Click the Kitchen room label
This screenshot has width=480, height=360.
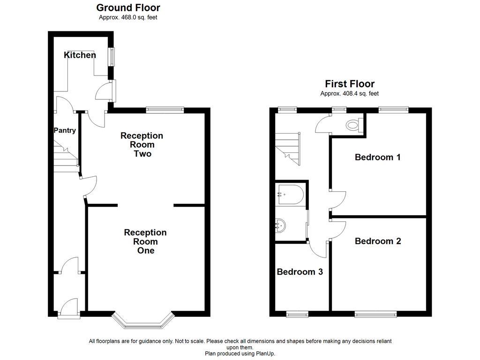point(80,55)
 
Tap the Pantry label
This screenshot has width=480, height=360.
point(65,130)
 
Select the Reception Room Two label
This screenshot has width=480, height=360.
point(142,144)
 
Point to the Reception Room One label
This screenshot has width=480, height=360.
point(145,241)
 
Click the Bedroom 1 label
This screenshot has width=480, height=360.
point(377,157)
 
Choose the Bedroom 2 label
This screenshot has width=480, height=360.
point(378,241)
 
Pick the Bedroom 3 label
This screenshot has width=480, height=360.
point(300,272)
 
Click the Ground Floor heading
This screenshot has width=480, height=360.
point(128,7)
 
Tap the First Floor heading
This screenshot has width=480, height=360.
point(350,84)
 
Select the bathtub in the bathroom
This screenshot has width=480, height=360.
point(290,195)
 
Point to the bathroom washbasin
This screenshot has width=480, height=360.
point(280,225)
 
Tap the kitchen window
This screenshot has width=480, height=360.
point(112,57)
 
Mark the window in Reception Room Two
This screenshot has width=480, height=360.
point(165,110)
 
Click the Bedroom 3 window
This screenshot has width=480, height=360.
point(297,314)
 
